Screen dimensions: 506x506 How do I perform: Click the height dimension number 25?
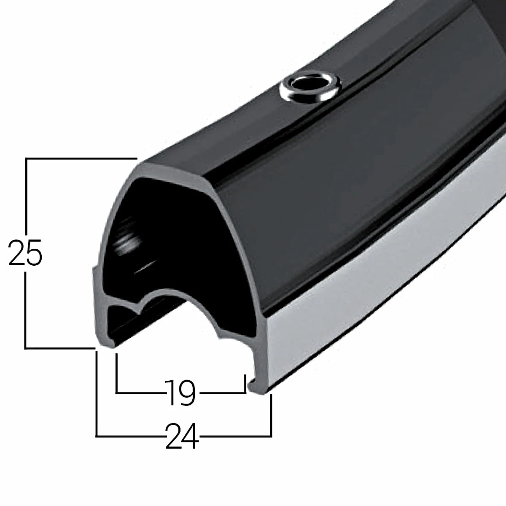[x=25, y=253]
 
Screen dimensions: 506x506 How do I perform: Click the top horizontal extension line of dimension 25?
[x=80, y=158]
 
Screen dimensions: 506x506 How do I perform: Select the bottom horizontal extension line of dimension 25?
[x=59, y=348]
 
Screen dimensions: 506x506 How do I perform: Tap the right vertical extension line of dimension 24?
[x=271, y=415]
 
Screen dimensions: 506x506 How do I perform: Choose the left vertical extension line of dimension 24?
[x=97, y=392]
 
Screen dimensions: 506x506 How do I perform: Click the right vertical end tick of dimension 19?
[x=245, y=384]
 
